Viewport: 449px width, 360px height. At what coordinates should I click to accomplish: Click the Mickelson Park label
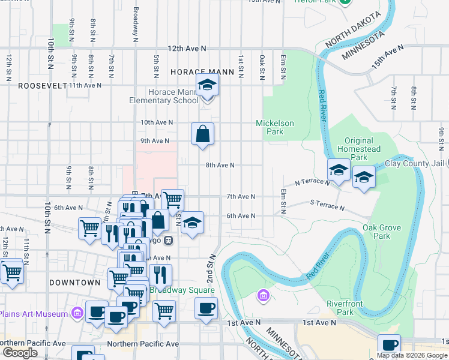[x=275, y=127]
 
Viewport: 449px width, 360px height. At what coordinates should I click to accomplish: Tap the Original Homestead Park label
[x=359, y=149]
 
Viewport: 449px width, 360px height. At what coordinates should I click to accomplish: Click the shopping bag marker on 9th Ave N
[x=203, y=134]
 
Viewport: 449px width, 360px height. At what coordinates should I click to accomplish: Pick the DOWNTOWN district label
[x=74, y=283]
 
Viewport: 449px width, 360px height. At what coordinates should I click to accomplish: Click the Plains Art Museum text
[x=33, y=314]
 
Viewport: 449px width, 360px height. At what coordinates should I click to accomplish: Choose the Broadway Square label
[x=181, y=290]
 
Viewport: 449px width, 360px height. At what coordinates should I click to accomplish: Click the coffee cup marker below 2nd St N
[x=206, y=308]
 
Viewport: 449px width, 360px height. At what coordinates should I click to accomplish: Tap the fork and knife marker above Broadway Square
[x=160, y=275]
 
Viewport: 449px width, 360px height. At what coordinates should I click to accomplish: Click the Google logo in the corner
[x=19, y=353]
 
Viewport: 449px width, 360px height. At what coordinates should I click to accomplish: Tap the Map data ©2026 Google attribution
[x=412, y=355]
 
